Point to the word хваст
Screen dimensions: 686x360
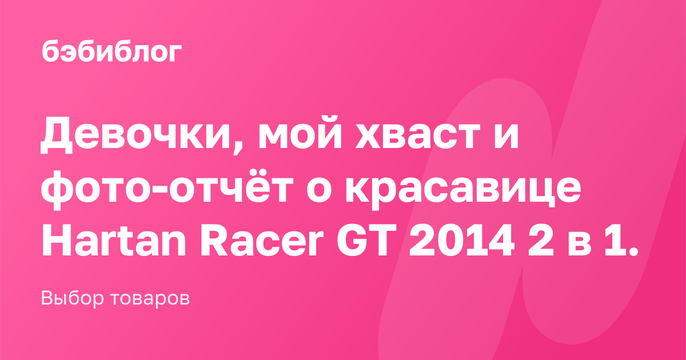click(x=417, y=135)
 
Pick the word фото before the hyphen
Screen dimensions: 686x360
click(x=101, y=189)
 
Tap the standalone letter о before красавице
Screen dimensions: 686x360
click(x=320, y=190)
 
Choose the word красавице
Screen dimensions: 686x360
click(x=463, y=192)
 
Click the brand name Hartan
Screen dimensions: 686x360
click(x=114, y=240)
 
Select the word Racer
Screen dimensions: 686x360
click(x=262, y=240)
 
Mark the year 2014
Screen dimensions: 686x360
click(x=461, y=240)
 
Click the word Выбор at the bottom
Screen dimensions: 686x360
click(x=72, y=298)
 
